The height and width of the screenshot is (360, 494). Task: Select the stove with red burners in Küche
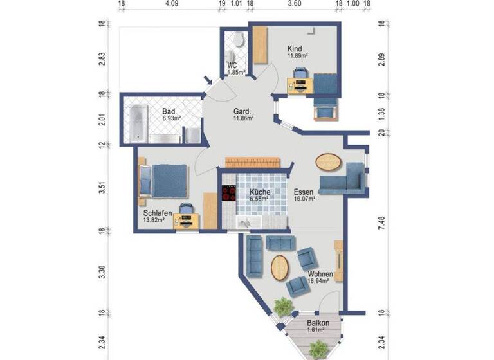coord(228,194)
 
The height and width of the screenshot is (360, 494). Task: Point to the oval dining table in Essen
coord(329,162)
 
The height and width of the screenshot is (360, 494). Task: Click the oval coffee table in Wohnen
coord(280,267)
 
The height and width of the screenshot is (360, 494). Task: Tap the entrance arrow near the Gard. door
coord(208,81)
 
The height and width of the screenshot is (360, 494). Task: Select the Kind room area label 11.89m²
coord(297,56)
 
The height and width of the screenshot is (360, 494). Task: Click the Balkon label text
coord(318,323)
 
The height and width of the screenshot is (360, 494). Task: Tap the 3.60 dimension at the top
coord(294,3)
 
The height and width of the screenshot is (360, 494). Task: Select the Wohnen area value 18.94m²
coord(319,281)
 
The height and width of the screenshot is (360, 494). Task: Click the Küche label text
coord(259,192)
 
